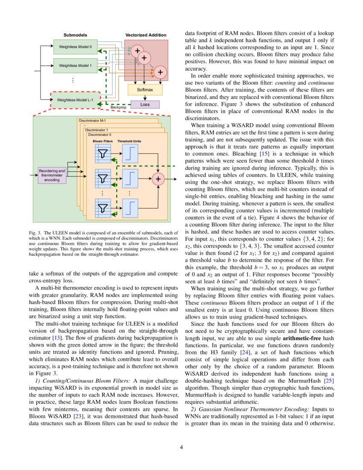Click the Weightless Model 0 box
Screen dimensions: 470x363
coord(75,46)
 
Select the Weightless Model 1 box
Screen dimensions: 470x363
coord(75,66)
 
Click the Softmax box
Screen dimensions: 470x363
coord(145,90)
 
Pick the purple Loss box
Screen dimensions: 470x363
coord(145,104)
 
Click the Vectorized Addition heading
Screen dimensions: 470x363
coord(146,35)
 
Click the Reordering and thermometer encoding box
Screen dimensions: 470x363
coord(52,175)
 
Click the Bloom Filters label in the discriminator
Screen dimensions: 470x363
coord(102,141)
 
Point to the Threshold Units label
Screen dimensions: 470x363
coord(129,141)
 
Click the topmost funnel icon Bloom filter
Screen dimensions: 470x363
coord(103,153)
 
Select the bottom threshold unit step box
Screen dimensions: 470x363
coord(130,208)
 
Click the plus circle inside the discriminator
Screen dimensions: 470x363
coord(158,179)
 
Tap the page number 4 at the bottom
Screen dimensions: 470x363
coord(181,447)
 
